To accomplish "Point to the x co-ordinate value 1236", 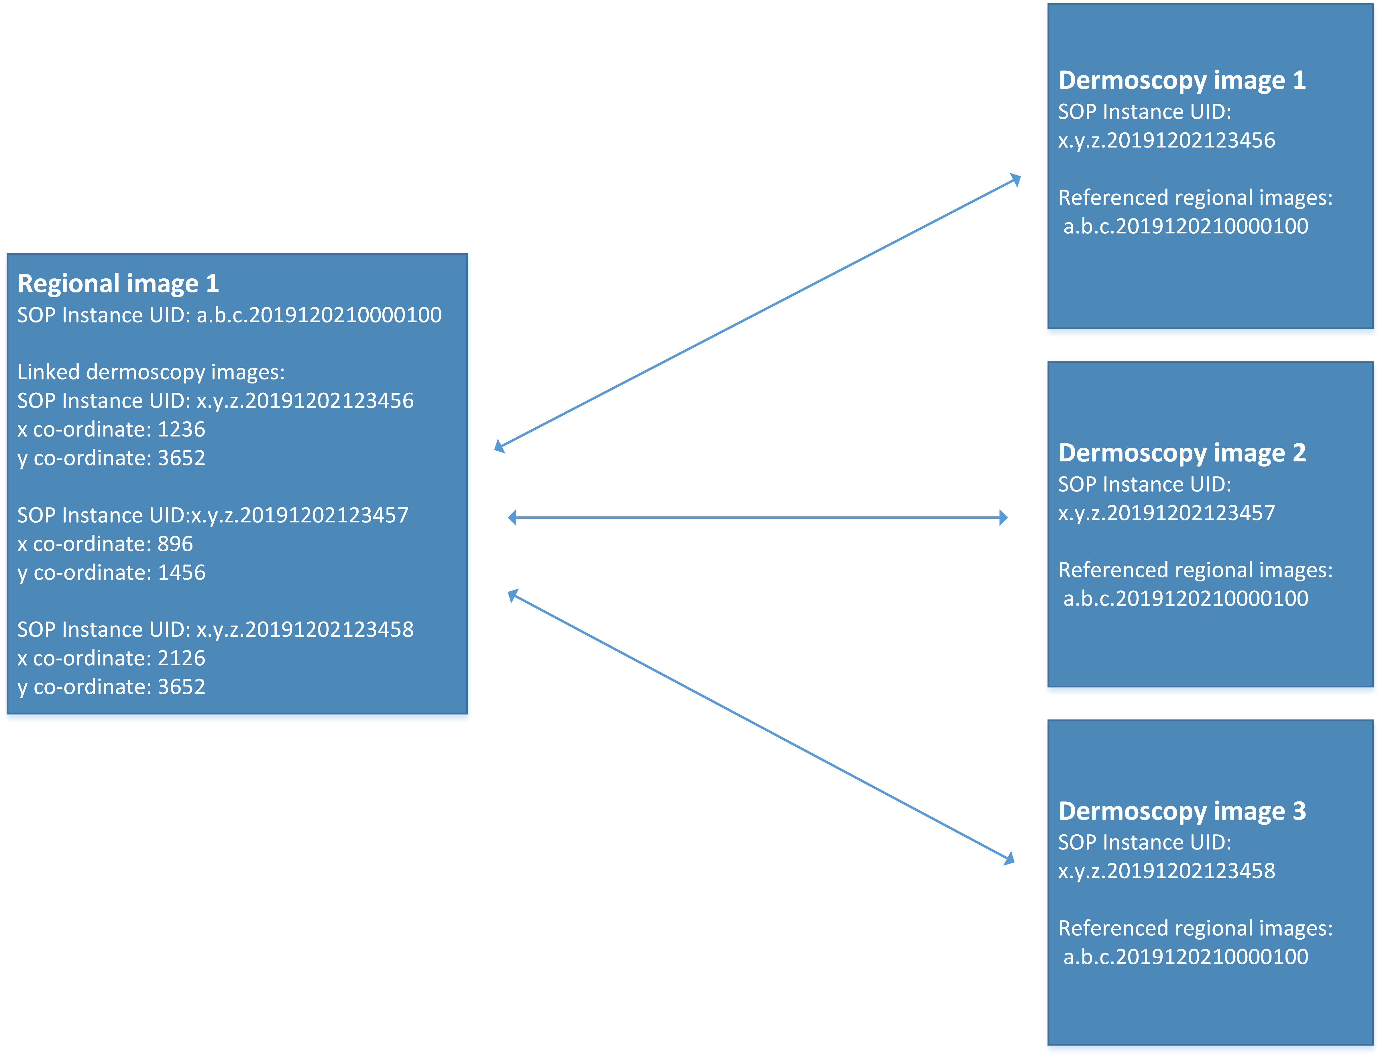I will (x=181, y=430).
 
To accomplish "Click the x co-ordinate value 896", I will (x=175, y=544).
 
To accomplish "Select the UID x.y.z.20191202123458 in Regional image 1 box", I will (x=305, y=630).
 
